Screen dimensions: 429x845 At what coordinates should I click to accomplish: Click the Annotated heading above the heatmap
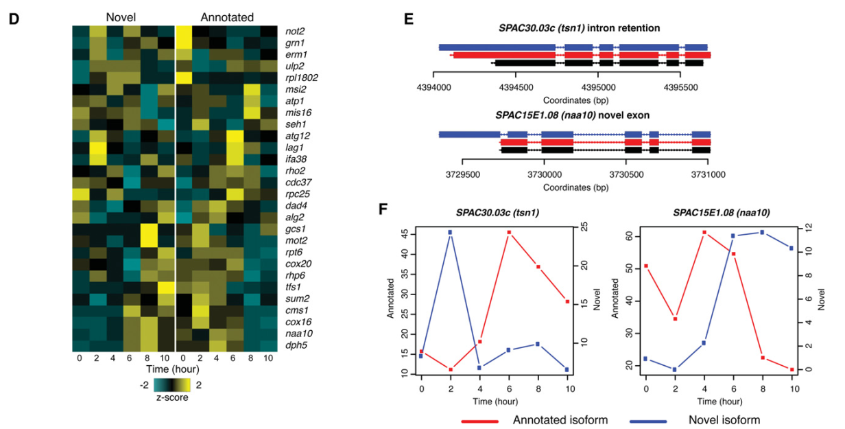227,16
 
